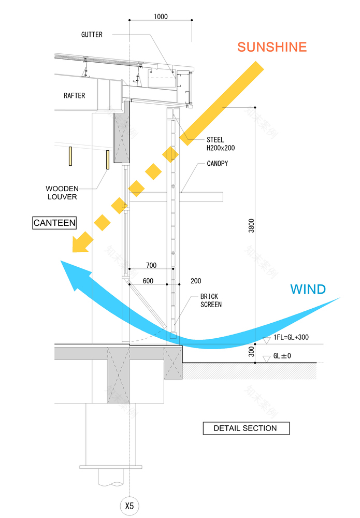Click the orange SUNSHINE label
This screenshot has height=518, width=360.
272,47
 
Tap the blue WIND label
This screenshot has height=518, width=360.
308,289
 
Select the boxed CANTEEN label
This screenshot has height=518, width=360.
54,223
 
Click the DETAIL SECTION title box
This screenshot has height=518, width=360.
246,428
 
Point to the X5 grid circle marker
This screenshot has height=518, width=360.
129,506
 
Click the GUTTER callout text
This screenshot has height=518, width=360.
92,35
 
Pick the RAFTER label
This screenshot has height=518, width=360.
74,95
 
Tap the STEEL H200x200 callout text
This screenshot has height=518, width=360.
220,144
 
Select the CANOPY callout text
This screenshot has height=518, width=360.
218,164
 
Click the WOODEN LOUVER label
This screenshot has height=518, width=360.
62,193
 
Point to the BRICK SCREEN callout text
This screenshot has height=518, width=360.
211,300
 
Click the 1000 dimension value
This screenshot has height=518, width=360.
161,17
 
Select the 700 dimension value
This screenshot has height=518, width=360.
151,265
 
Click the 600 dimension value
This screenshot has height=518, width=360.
148,281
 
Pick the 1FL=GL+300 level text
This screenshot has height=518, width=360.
291,337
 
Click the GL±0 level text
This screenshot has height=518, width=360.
283,357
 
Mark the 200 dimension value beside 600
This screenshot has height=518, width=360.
196,281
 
